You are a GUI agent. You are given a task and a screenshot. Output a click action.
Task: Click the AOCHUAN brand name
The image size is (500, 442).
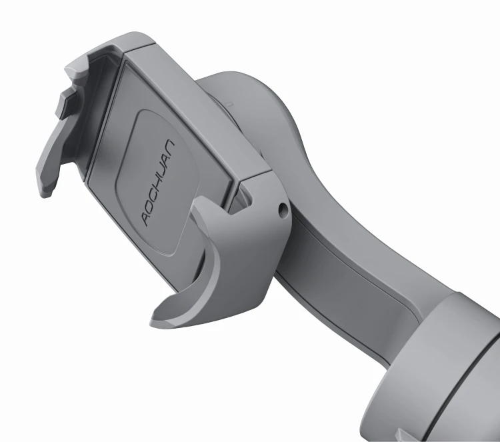click(158, 183)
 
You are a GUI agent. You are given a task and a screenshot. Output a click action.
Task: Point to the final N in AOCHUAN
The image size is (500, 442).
click(169, 145)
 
